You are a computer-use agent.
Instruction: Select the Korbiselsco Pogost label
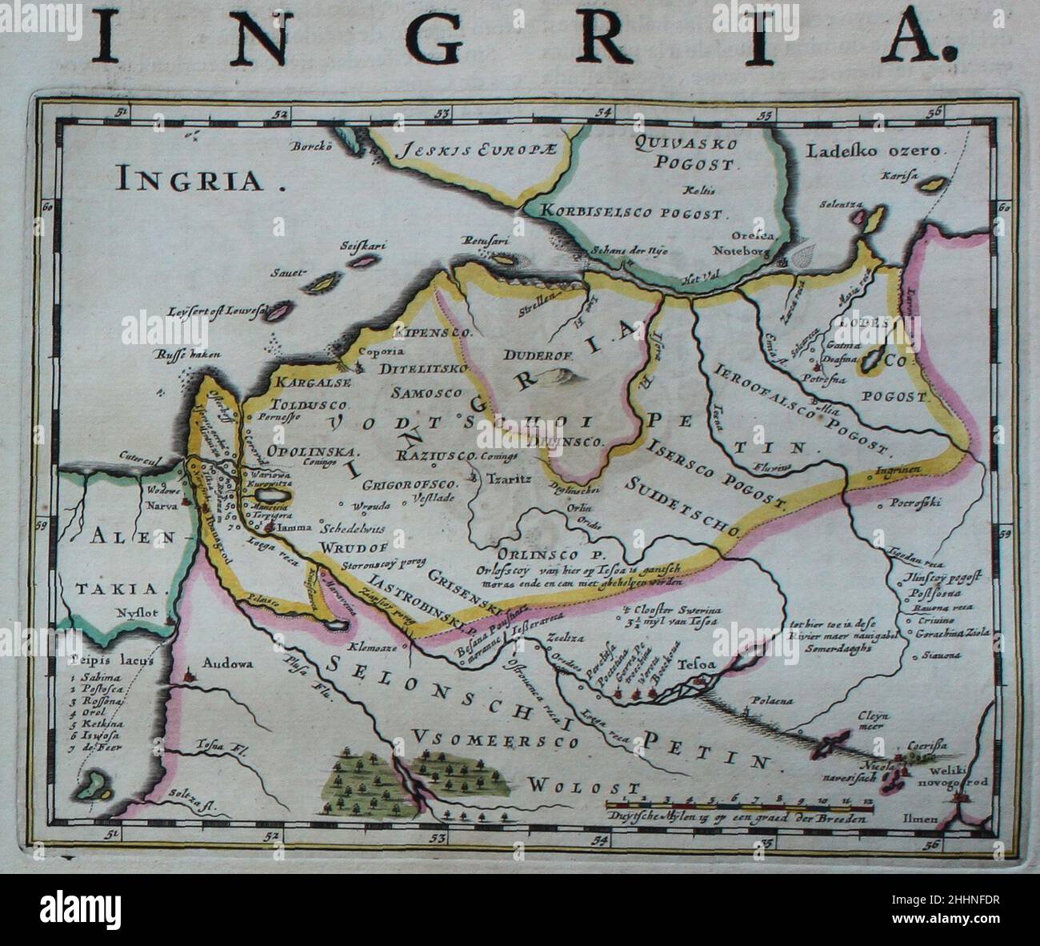point(634,214)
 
